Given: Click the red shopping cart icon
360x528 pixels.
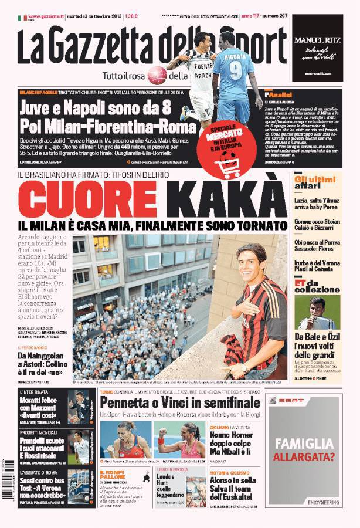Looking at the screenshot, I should [227, 166].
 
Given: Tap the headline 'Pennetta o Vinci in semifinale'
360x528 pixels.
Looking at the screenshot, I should [179, 402].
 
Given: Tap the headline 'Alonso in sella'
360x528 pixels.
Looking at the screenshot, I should [235, 479].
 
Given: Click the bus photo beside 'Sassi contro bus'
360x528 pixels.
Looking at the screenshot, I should [79, 486].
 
